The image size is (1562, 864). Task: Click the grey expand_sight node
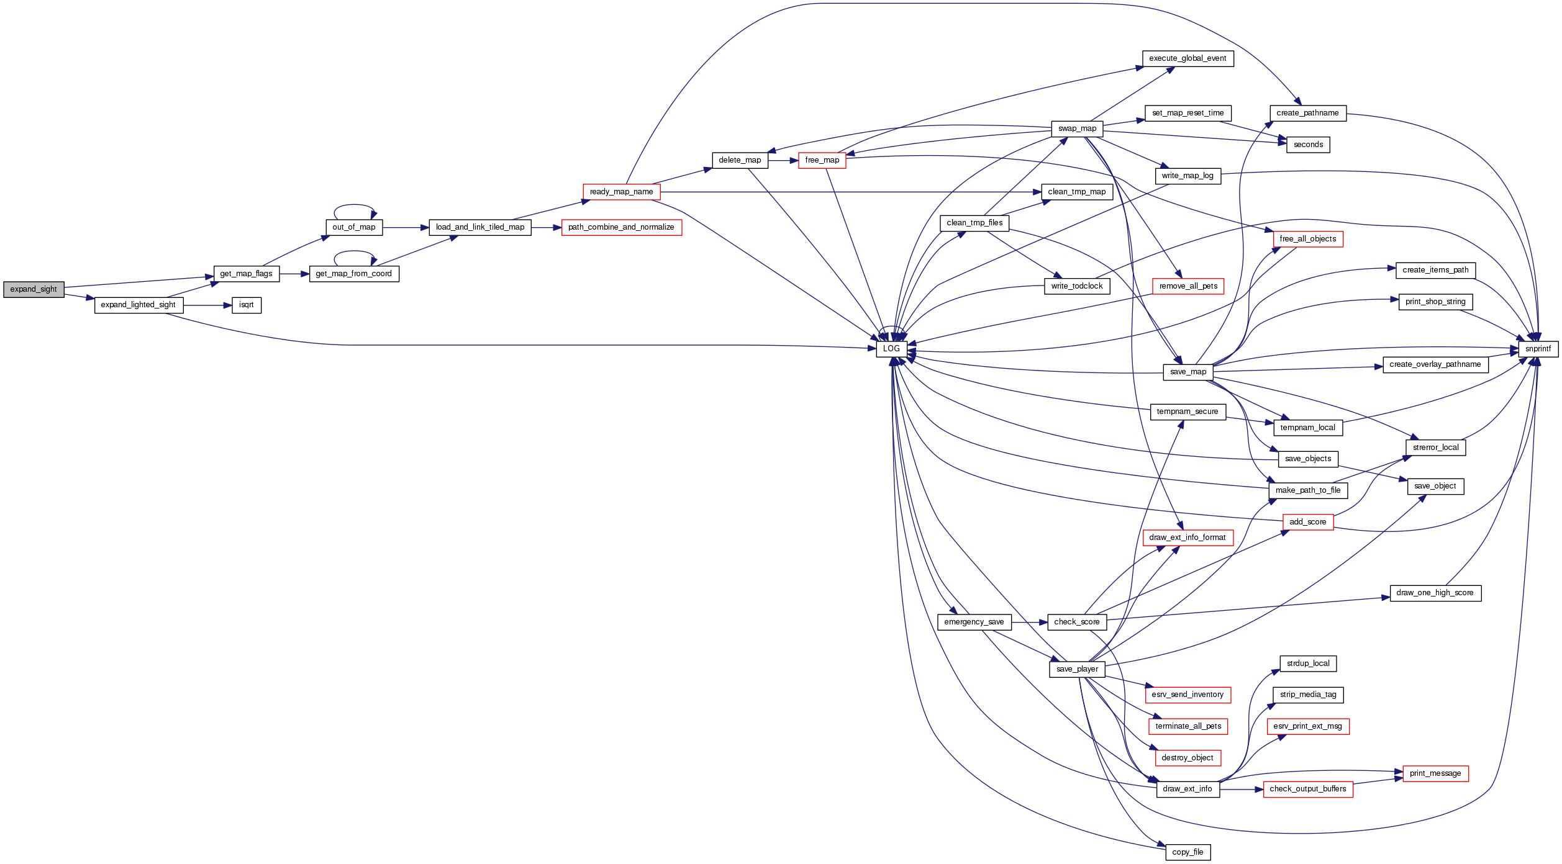(34, 289)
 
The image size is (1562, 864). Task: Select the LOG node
(891, 349)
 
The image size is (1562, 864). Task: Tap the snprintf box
(1538, 349)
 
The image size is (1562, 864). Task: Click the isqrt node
(247, 305)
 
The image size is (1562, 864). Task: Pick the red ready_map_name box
(621, 192)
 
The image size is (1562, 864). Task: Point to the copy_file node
(1187, 852)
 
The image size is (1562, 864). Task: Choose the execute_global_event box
(1187, 58)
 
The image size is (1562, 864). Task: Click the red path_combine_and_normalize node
(621, 227)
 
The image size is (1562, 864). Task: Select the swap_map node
(1078, 128)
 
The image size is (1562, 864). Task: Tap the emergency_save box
(974, 622)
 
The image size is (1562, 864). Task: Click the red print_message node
(1435, 773)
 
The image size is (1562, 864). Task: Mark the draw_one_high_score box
(1435, 593)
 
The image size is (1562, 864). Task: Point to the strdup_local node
(1308, 664)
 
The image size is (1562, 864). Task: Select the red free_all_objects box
(1308, 239)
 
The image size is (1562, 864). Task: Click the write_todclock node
(1077, 286)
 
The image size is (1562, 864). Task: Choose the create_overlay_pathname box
(1435, 364)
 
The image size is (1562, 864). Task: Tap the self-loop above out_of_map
(354, 205)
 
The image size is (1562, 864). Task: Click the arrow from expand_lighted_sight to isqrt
(207, 305)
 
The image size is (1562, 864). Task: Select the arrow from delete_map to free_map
(783, 161)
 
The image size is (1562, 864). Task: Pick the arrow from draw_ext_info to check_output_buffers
(1242, 790)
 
